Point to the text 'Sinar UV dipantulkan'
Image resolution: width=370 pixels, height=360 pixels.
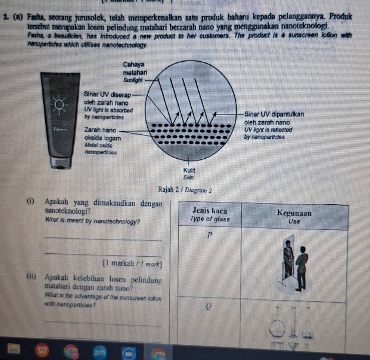coord(274,114)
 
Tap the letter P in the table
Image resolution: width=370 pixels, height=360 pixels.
coord(210,235)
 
